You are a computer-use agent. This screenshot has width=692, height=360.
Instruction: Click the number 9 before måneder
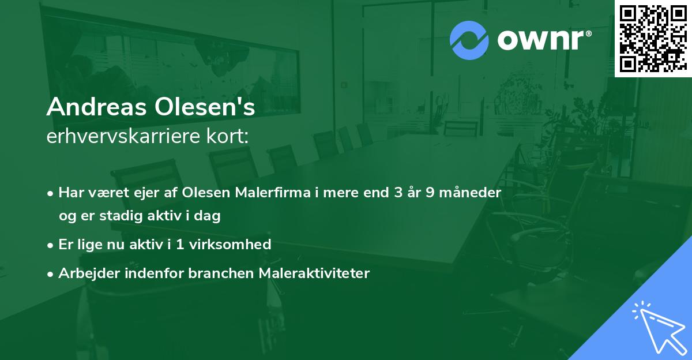[x=430, y=193]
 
